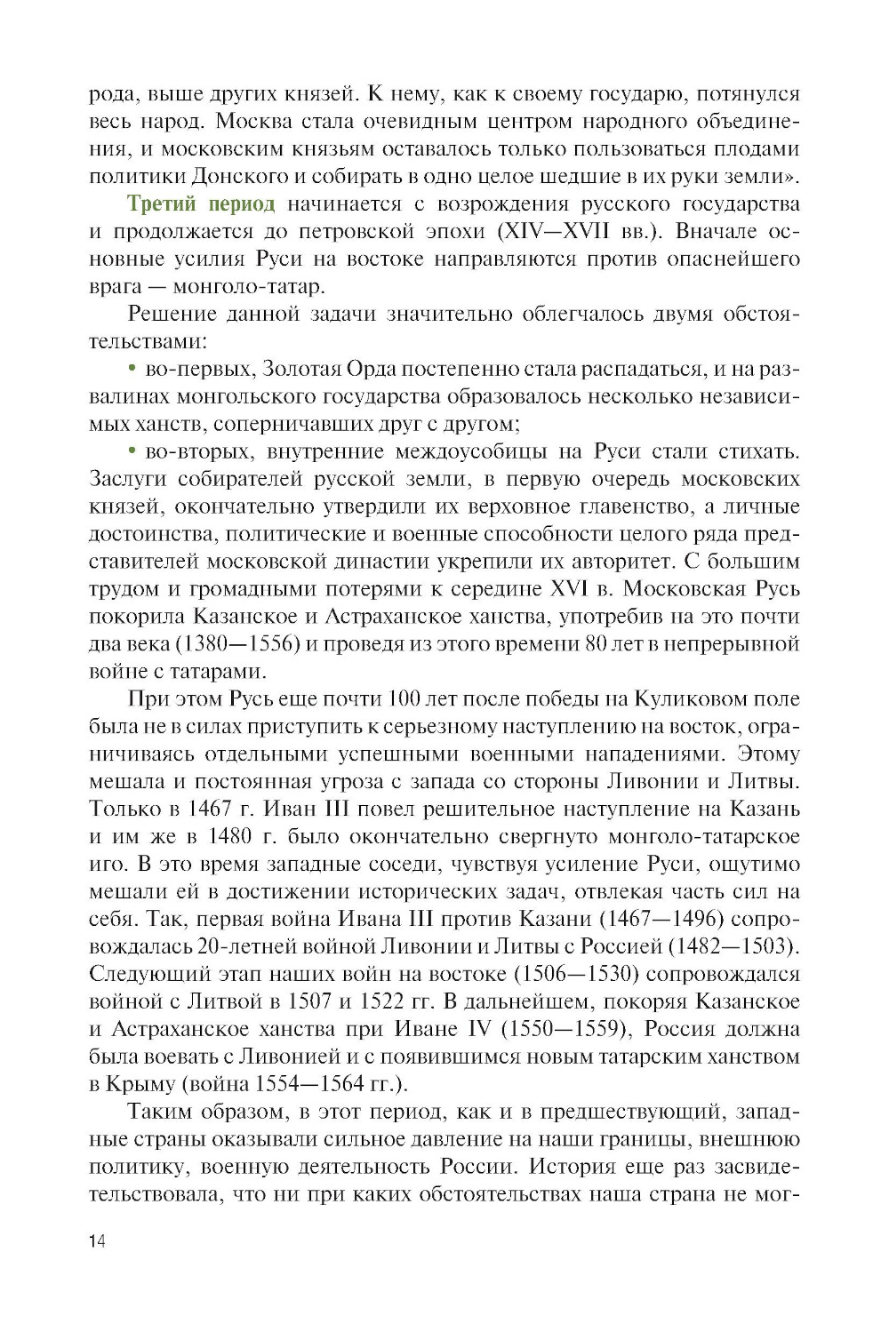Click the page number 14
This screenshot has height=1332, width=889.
pyautogui.click(x=97, y=1241)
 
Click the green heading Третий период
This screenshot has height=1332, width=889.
pyautogui.click(x=202, y=203)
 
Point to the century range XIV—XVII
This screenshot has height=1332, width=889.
pyautogui.click(x=557, y=231)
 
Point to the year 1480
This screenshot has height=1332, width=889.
pyautogui.click(x=230, y=836)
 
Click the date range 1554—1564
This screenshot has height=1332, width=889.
pyautogui.click(x=310, y=1084)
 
